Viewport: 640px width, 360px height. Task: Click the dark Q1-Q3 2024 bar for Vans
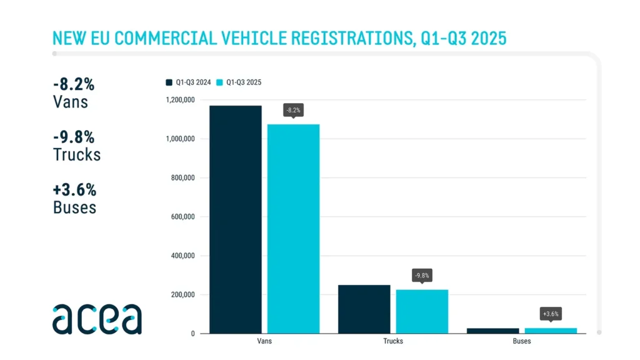235,219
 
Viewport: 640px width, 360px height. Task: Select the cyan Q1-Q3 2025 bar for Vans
293,228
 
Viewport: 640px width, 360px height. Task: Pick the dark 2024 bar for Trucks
364,309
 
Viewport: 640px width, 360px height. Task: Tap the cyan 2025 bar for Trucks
422,311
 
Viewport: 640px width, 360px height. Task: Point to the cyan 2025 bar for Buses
551,331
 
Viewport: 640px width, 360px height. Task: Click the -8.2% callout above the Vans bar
293,111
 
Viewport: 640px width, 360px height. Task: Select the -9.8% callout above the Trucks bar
422,276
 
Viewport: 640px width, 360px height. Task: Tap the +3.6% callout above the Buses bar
551,314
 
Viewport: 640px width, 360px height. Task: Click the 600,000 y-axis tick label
182,217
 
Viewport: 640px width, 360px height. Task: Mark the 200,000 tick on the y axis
182,295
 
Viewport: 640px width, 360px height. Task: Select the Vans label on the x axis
264,341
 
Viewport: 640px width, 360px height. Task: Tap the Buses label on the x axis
522,341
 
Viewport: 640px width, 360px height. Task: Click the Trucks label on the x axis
393,341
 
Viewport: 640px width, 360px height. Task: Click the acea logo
97,319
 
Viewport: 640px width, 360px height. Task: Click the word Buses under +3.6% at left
75,207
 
